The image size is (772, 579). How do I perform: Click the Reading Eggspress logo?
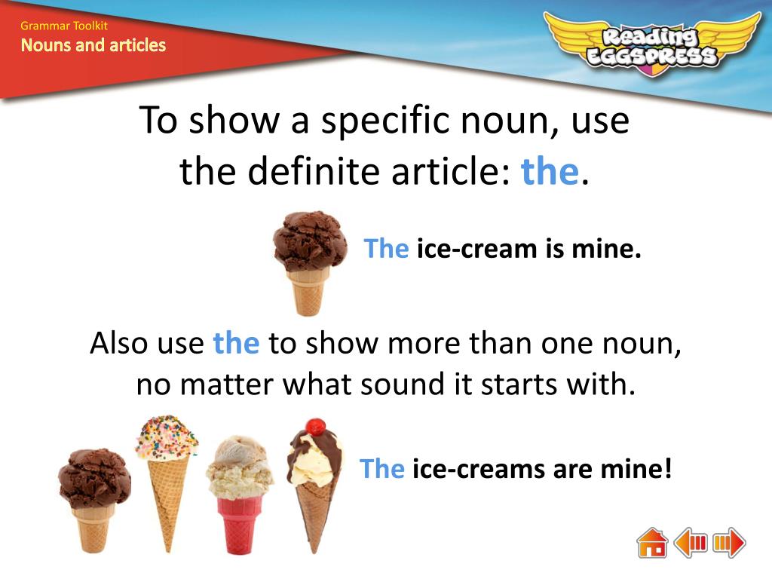pyautogui.click(x=653, y=44)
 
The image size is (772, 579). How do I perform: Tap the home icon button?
pyautogui.click(x=652, y=543)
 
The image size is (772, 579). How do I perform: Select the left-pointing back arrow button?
pyautogui.click(x=691, y=543)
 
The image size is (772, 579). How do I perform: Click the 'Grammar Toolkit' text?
pyautogui.click(x=64, y=26)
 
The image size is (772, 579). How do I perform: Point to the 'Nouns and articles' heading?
pyautogui.click(x=93, y=45)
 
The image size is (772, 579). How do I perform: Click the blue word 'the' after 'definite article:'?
pyautogui.click(x=549, y=172)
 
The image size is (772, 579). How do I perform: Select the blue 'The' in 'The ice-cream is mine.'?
pyautogui.click(x=386, y=248)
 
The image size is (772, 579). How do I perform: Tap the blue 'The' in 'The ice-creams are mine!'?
pyautogui.click(x=382, y=469)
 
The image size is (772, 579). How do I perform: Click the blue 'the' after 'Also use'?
pyautogui.click(x=236, y=343)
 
